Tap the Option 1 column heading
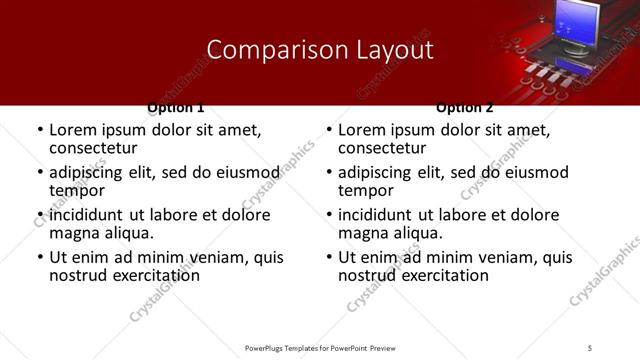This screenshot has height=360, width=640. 176,107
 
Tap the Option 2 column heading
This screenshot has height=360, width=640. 465,107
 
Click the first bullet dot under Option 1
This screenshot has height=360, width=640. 39,131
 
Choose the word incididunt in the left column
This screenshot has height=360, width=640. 89,215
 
